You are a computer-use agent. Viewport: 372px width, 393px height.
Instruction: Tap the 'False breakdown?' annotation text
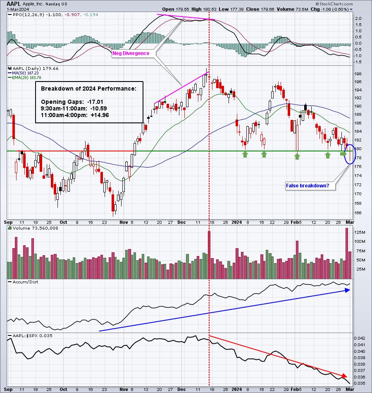point(307,186)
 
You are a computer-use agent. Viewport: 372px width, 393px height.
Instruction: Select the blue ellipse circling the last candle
point(349,154)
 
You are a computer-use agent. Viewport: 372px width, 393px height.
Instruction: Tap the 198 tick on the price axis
point(358,74)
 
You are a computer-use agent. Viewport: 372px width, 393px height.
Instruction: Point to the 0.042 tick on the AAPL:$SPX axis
point(360,338)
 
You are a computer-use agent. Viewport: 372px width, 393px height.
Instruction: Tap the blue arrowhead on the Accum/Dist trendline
point(347,290)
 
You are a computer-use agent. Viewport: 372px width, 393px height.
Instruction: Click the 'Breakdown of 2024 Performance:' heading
point(91,89)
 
